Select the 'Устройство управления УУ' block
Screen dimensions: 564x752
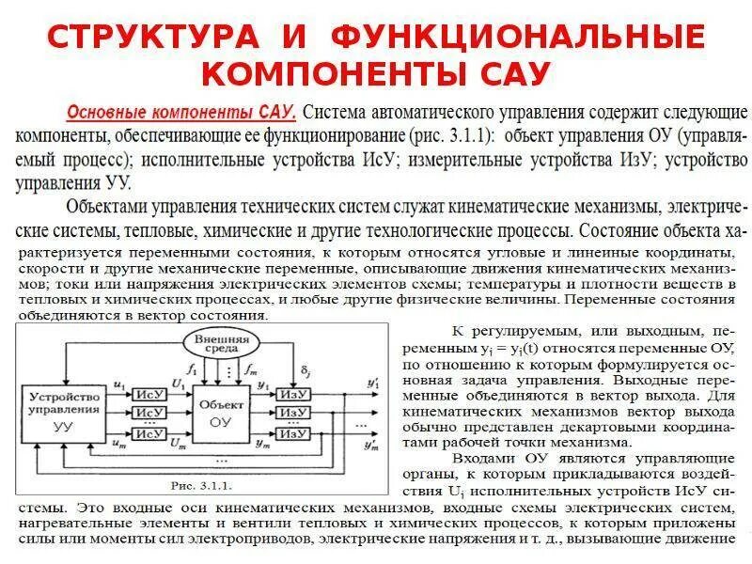(x=64, y=411)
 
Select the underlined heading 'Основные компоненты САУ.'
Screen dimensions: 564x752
(x=181, y=112)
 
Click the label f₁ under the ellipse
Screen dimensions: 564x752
(x=192, y=368)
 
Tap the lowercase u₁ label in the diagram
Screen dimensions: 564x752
(x=118, y=384)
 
